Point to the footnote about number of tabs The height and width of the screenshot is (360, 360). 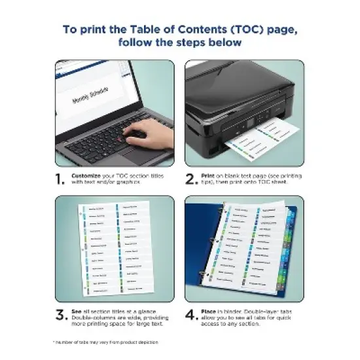(106, 342)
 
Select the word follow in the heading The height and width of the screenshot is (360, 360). (137, 43)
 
